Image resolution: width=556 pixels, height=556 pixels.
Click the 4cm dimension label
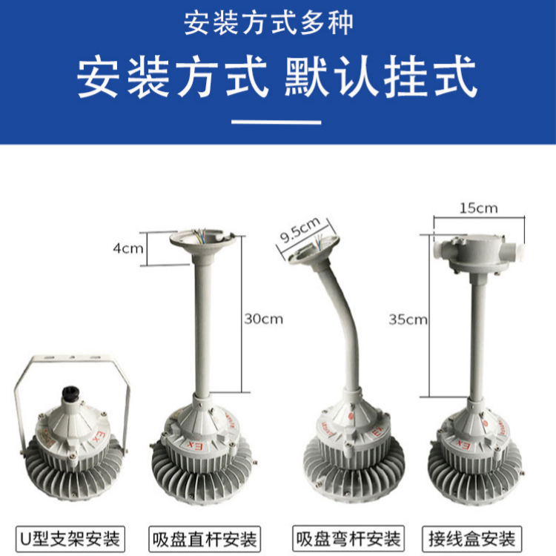coord(128,248)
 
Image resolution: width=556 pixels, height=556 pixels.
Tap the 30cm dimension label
coord(264,319)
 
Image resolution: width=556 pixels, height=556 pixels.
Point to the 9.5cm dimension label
coord(300,230)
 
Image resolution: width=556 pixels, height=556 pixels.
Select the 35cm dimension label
coord(408,320)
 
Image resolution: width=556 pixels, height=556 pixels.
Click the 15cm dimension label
coord(479,208)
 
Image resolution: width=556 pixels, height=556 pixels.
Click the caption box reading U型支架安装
coord(70,539)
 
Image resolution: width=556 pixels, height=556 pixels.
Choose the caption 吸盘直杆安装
coord(205,540)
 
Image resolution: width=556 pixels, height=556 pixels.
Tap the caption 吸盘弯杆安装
coord(348,539)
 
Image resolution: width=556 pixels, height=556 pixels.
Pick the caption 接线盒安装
coord(472,539)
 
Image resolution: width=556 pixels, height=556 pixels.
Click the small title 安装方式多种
coord(268,24)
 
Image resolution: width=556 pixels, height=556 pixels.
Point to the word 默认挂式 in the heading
coord(380,77)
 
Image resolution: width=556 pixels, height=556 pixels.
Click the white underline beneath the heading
coord(277,122)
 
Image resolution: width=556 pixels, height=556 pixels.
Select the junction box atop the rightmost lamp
coord(479,254)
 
